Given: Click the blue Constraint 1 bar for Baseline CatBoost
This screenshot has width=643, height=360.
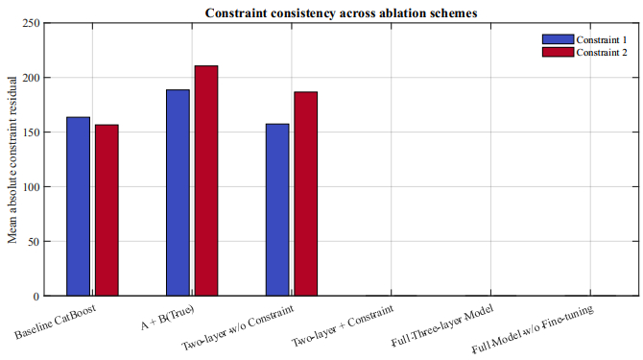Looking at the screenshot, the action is [78, 206].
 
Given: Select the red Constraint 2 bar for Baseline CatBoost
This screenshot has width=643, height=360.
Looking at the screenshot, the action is [107, 210].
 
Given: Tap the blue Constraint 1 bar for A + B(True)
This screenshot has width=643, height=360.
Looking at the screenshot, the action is [178, 192].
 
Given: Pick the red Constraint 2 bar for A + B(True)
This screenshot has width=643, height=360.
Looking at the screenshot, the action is [206, 180].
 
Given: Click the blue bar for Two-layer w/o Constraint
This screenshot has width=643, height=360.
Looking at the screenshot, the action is [277, 209].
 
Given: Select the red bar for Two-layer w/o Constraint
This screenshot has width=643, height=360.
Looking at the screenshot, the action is [306, 194].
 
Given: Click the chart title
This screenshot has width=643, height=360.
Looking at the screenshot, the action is [342, 13].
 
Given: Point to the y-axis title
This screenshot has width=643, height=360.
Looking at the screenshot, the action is [12, 160].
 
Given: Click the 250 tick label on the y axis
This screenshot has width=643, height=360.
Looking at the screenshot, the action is [31, 23].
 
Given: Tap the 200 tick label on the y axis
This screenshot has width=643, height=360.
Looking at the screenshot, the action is [31, 78].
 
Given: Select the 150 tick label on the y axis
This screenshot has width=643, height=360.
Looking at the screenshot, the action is [31, 132].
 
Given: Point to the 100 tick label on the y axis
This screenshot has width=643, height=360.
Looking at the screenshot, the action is [31, 187].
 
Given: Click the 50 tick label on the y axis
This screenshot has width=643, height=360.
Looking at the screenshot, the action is [34, 242].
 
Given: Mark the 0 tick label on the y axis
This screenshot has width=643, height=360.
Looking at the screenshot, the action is [36, 297].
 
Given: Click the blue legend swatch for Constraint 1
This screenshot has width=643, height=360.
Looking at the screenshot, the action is [558, 39].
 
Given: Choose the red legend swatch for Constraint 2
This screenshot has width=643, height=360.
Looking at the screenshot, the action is [558, 52].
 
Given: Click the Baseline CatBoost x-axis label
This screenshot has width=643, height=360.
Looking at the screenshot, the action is [56, 322].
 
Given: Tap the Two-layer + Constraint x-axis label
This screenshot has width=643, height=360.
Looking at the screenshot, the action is [343, 325].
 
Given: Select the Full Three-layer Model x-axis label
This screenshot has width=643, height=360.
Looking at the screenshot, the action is [442, 325].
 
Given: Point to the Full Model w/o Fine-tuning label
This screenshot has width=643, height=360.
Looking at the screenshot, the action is [533, 329].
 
